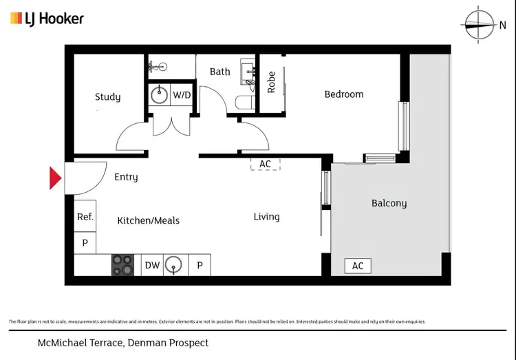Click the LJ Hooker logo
click(x=47, y=19)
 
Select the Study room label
click(x=107, y=97)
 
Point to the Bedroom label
click(x=344, y=94)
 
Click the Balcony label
click(x=389, y=203)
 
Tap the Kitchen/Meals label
click(x=148, y=220)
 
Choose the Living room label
click(x=266, y=217)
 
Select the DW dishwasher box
click(x=152, y=265)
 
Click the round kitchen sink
click(x=175, y=265)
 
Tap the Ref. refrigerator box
click(x=85, y=217)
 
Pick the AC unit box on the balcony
click(x=358, y=266)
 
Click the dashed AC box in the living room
click(x=265, y=164)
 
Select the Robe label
click(x=272, y=82)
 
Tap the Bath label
click(x=220, y=72)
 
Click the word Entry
click(x=126, y=177)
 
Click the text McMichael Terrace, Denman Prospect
click(x=122, y=343)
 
